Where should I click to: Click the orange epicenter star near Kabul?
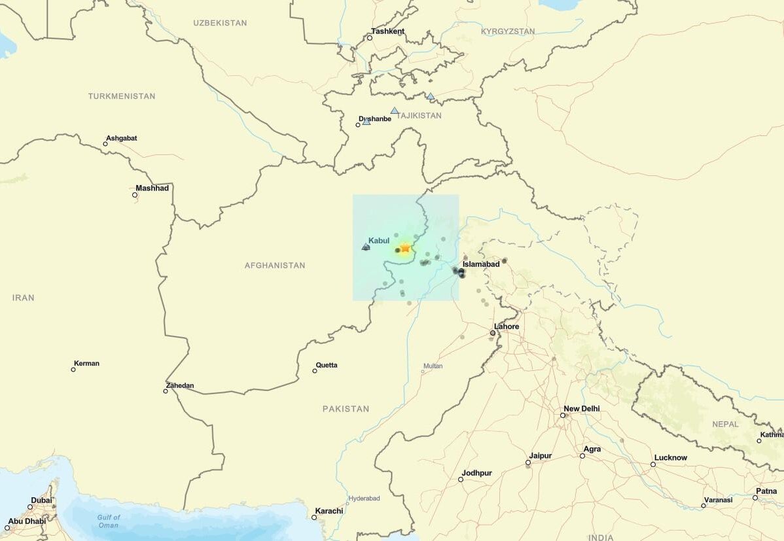click(405, 248)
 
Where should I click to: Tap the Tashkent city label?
click(387, 31)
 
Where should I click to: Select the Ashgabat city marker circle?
click(105, 144)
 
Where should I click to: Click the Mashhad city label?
click(152, 188)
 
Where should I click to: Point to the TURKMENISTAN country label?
click(122, 96)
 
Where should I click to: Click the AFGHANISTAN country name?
click(275, 266)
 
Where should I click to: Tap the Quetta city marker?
click(315, 371)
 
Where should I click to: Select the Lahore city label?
click(507, 326)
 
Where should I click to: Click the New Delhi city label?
click(581, 409)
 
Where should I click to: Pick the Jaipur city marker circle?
click(528, 463)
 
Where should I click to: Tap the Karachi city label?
click(329, 511)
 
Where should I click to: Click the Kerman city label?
click(86, 364)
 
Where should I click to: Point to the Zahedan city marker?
click(166, 391)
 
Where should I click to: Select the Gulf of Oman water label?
click(109, 521)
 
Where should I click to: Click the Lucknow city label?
click(670, 458)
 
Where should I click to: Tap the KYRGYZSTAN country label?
click(507, 31)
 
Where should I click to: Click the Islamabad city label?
click(481, 264)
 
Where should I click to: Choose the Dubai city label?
click(41, 500)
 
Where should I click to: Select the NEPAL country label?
click(725, 425)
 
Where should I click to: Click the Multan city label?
click(433, 366)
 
